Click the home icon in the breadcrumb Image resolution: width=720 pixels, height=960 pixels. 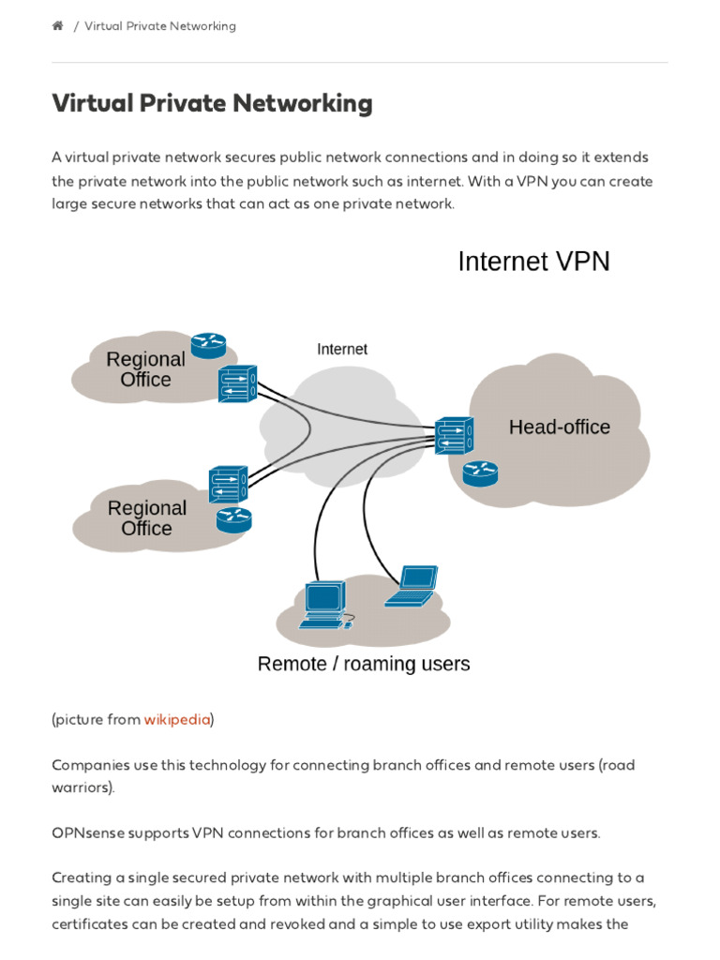tap(57, 26)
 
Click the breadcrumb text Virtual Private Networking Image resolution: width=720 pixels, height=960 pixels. tap(160, 26)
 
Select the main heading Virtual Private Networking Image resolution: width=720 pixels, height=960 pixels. tap(212, 103)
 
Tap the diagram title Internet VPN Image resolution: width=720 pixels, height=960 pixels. tap(533, 262)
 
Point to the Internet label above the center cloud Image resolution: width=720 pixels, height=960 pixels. tap(342, 349)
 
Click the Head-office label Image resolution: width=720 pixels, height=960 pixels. tap(559, 427)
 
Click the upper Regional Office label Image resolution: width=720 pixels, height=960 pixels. tap(145, 369)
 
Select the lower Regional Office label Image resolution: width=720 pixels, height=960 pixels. tap(146, 518)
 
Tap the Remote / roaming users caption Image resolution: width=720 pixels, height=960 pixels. tap(364, 664)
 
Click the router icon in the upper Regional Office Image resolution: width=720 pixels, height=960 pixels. tap(208, 346)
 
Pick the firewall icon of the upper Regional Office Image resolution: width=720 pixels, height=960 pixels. tap(237, 383)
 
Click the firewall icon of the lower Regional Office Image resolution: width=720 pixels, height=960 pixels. tap(228, 485)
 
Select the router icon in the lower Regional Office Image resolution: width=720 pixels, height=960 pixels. tap(233, 519)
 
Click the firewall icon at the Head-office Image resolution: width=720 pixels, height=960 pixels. tap(454, 436)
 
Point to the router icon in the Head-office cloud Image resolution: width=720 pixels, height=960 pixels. tap(480, 473)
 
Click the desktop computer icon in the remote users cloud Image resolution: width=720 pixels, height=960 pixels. tap(324, 605)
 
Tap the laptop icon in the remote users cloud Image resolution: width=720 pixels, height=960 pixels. tap(412, 586)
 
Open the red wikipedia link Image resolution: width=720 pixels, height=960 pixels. tap(176, 720)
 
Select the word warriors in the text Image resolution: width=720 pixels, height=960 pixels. tap(82, 788)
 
